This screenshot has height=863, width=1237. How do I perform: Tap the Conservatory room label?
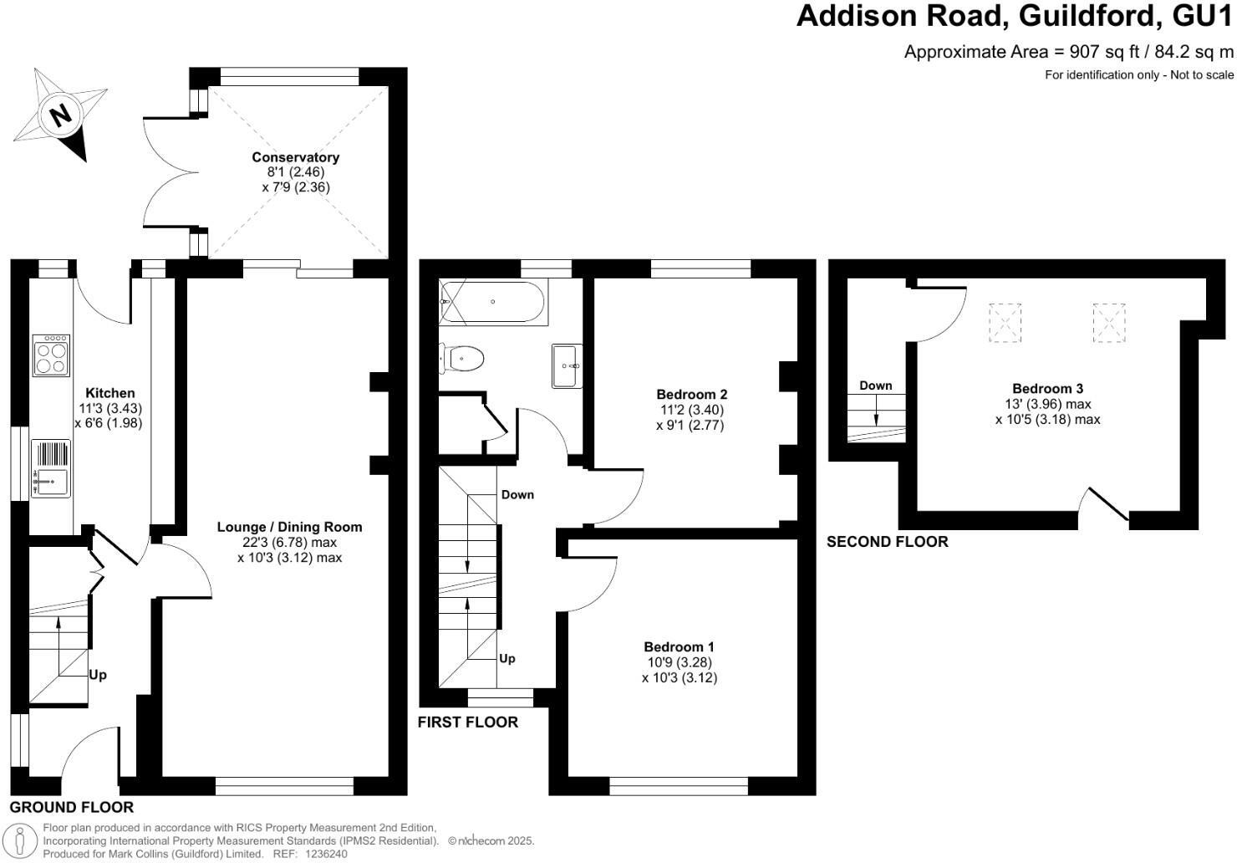(296, 157)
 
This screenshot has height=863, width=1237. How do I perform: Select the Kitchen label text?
(109, 393)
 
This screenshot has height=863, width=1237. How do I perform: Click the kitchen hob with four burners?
(51, 356)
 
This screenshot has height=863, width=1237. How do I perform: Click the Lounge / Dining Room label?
(289, 527)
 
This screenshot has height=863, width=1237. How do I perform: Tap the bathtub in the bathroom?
(493, 302)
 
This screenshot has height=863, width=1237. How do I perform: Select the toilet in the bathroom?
(462, 360)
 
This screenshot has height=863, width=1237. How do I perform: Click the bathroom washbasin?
(567, 366)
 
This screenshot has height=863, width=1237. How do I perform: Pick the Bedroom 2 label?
(691, 395)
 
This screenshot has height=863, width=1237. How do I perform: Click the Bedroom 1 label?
(679, 646)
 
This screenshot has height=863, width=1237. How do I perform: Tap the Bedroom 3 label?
(1047, 389)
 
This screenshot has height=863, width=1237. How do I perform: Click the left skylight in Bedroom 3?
(1005, 322)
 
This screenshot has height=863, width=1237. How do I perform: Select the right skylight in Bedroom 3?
(1109, 322)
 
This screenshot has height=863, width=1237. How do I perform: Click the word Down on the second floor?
(875, 386)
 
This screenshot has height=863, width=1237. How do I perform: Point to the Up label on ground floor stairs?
(98, 675)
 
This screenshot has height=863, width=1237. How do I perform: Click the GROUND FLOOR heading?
(72, 807)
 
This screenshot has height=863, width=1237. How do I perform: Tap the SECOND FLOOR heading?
(887, 542)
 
